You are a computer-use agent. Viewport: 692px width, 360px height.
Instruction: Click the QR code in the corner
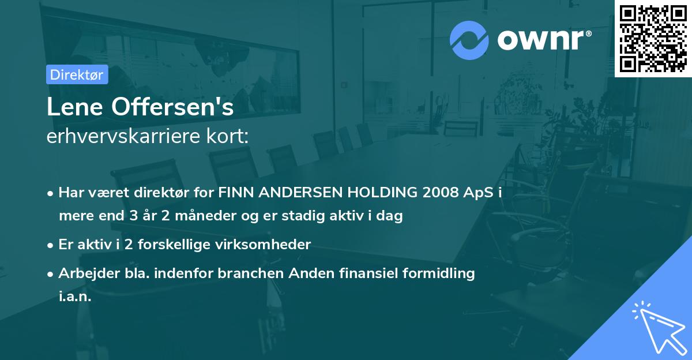[653, 38]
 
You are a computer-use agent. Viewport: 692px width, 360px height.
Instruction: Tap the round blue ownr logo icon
[469, 40]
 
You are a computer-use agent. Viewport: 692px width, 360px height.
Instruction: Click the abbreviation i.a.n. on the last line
[75, 297]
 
